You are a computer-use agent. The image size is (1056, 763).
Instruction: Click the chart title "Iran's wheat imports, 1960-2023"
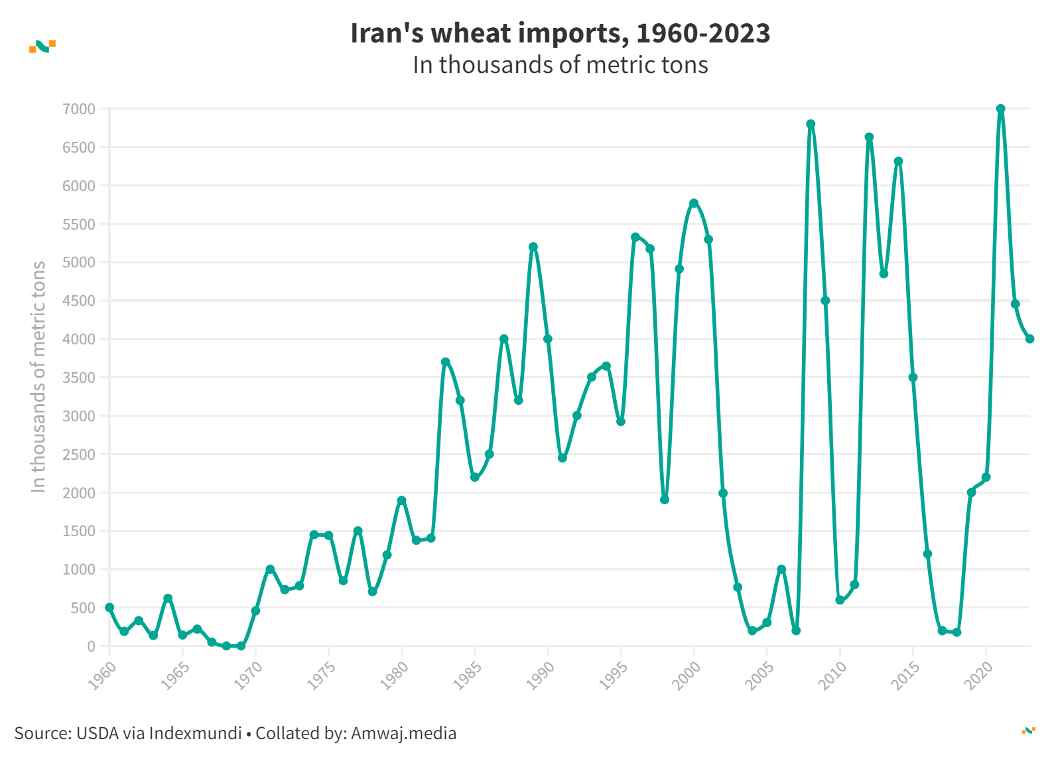pos(560,33)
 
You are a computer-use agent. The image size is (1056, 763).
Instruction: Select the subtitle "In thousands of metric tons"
pos(560,65)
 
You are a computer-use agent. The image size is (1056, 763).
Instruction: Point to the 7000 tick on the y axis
pos(79,109)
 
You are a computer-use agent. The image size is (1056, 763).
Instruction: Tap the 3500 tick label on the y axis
pos(79,378)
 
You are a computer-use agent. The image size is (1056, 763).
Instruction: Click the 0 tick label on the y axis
pos(91,646)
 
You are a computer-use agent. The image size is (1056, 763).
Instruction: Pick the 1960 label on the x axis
pos(103,675)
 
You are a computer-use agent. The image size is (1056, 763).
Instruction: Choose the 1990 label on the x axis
pos(541,675)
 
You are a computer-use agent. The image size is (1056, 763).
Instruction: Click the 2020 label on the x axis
pos(979,675)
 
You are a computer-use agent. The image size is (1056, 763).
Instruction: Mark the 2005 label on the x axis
pos(760,675)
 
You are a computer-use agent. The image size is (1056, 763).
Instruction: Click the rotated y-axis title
pos(38,376)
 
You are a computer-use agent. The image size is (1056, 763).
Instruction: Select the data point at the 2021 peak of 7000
pos(1000,109)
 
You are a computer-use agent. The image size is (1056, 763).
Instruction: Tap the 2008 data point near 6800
pos(811,124)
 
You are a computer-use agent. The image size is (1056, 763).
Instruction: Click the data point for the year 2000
pos(694,203)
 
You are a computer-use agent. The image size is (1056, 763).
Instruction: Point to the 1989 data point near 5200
pos(533,247)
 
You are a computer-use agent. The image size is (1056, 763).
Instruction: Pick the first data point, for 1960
pos(109,607)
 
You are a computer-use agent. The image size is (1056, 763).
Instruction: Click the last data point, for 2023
pos(1029,338)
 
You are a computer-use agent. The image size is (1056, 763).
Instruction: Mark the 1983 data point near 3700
pos(445,362)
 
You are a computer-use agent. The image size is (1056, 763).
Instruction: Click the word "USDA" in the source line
pos(98,733)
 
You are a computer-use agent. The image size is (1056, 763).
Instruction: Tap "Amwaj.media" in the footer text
pos(403,733)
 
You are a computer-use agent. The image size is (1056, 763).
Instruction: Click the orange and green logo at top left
pos(42,46)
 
